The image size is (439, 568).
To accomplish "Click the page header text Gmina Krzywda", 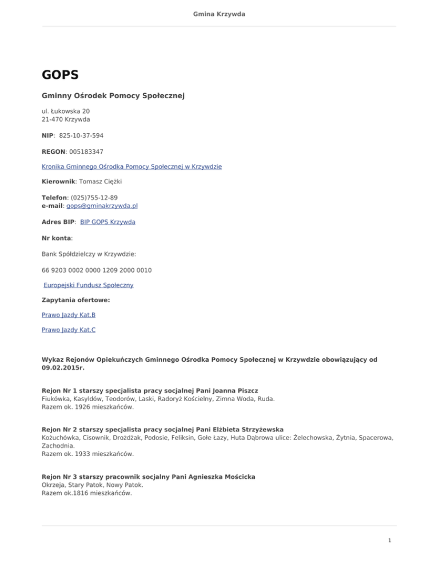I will click(219, 14).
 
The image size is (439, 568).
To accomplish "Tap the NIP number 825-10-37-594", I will click(81, 136).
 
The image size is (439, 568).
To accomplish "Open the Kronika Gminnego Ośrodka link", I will click(132, 167).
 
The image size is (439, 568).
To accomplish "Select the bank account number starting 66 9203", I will click(97, 269).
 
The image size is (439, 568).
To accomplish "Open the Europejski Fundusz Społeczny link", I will click(89, 285).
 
